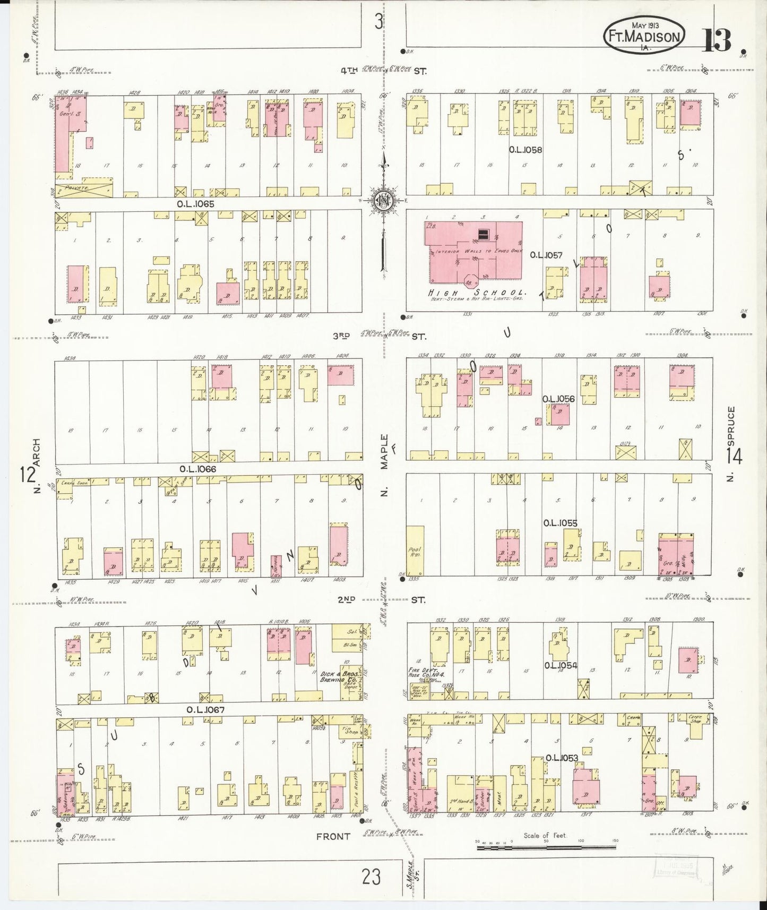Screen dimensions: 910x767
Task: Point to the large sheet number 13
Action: click(717, 40)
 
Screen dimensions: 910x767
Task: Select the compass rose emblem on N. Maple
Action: click(382, 200)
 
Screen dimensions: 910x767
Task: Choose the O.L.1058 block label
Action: click(525, 150)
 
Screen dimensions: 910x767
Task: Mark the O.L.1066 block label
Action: click(197, 469)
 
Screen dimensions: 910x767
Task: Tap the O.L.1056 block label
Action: click(558, 398)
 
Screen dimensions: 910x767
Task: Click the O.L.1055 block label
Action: click(559, 523)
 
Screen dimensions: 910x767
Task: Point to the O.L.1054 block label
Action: click(560, 665)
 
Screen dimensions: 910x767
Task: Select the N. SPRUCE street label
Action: click(731, 444)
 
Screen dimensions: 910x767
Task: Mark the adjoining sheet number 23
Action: click(371, 877)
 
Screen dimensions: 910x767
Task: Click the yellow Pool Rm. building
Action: click(415, 551)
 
